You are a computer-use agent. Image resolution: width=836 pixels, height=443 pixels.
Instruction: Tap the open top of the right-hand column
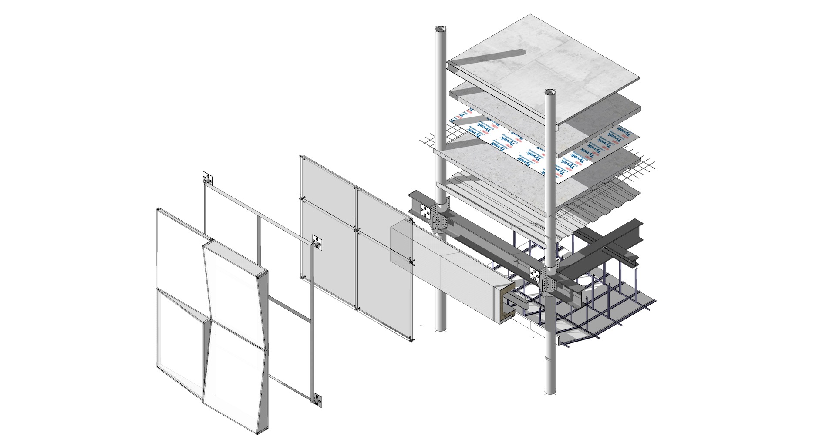coord(550,92)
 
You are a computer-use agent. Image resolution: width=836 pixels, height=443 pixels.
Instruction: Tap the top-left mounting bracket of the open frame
coord(209,178)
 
